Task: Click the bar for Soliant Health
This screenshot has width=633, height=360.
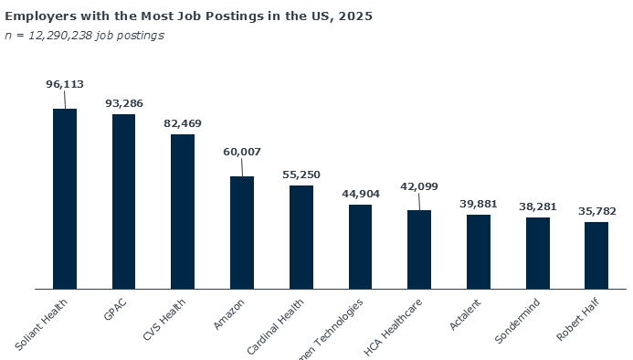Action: pos(65,198)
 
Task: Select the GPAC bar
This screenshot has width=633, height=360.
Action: pos(123,201)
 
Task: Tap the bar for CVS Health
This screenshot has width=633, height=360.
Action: pos(183,211)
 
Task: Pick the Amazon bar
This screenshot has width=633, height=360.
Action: pos(242,232)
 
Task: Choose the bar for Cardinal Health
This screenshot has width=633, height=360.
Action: pos(301,237)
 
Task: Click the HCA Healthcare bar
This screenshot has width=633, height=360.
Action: pos(419,249)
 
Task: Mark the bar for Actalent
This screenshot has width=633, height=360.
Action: pos(479,251)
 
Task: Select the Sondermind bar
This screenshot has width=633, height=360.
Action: pos(538,252)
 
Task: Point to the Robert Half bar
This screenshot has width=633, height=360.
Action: pos(596,255)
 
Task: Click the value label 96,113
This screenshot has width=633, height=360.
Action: pos(65,84)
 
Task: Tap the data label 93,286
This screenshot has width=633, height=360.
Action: pos(123,103)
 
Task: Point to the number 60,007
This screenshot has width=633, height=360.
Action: pos(242,152)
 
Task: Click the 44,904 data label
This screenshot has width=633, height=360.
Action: pos(360,194)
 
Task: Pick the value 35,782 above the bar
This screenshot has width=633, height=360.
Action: pos(596,211)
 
